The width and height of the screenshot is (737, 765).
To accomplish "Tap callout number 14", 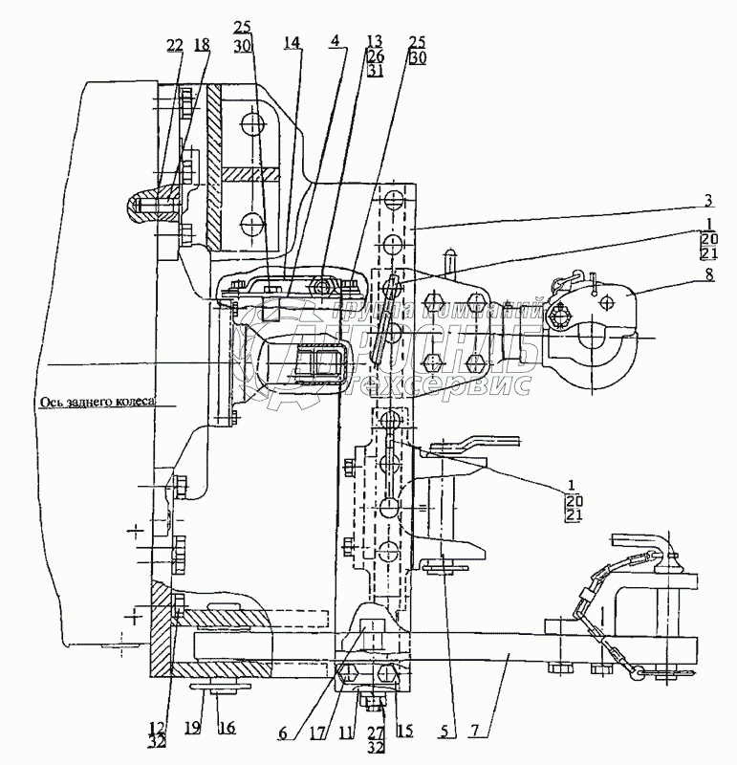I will click(292, 42).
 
